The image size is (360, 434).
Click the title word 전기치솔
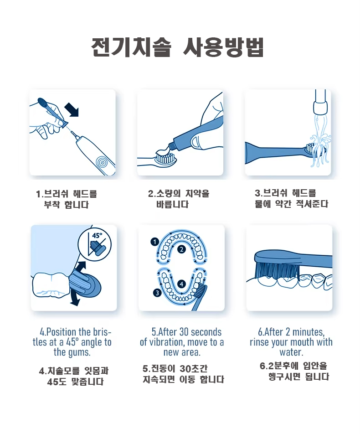coord(131,47)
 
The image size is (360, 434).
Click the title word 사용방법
coord(224,47)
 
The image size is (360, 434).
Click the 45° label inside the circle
coord(97,236)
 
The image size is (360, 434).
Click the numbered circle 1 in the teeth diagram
coord(154,242)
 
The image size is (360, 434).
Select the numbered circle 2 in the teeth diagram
coord(181,249)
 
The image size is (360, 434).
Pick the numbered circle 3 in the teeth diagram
coord(157,293)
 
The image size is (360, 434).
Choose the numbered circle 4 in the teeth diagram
coord(181,284)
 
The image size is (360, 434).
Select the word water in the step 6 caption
coord(291,352)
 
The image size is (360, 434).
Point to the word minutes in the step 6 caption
coord(308,332)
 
